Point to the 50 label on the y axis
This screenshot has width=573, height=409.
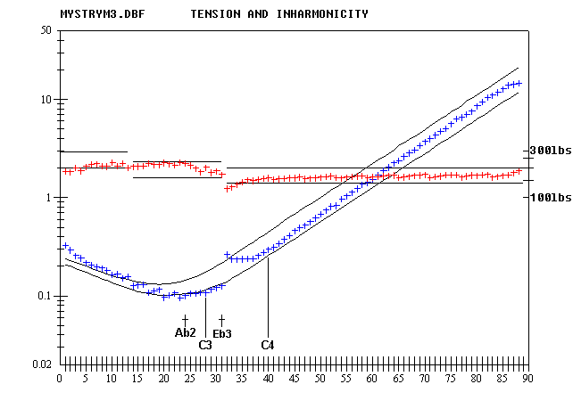coord(44,30)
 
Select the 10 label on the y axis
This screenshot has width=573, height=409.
coord(44,100)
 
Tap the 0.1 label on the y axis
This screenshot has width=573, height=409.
coord(41,296)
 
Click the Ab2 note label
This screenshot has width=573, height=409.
coord(185,332)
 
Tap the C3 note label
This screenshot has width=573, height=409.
coord(205,344)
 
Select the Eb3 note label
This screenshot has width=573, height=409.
coord(222,333)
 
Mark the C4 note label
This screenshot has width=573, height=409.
coord(268,344)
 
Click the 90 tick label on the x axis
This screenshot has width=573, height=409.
coord(529,379)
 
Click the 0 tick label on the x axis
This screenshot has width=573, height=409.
coord(59,379)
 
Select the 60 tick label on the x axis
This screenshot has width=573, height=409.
coord(372,379)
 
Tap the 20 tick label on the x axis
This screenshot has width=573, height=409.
coord(163,379)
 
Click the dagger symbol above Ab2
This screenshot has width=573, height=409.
coord(185,320)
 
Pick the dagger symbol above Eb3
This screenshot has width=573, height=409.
coord(221,320)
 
